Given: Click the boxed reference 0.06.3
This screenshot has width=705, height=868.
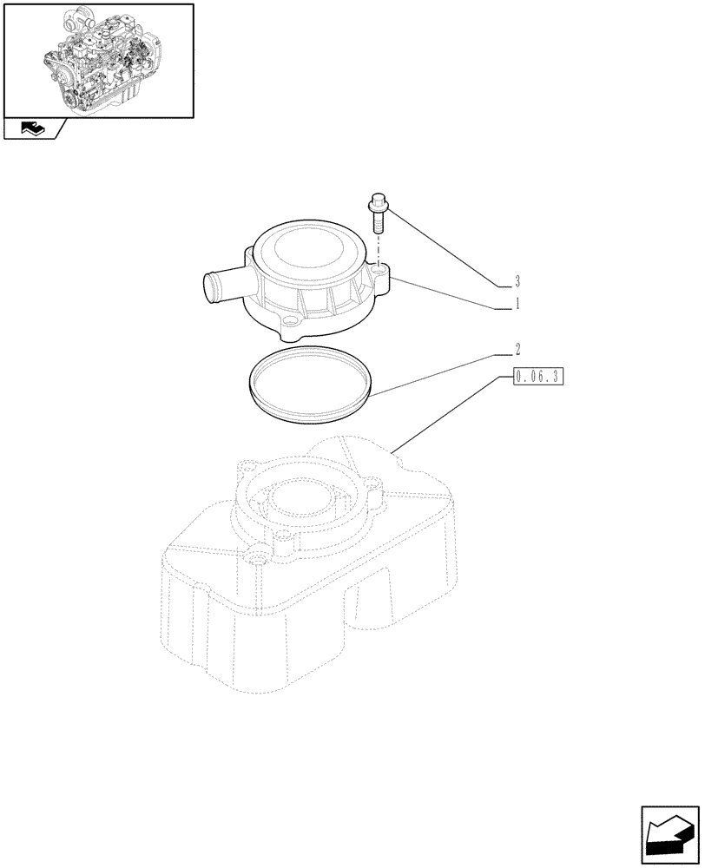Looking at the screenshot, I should (538, 377).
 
